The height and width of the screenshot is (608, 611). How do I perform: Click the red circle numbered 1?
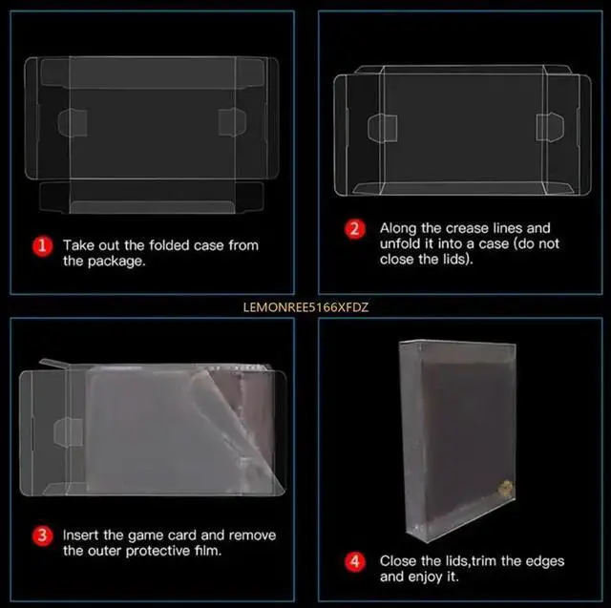tap(41, 245)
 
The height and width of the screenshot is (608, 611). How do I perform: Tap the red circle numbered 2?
tap(354, 229)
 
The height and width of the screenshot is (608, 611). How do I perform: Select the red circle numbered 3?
tap(41, 535)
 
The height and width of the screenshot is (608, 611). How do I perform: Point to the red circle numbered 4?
tap(354, 561)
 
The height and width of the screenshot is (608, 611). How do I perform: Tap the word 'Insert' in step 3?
tap(83, 535)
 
